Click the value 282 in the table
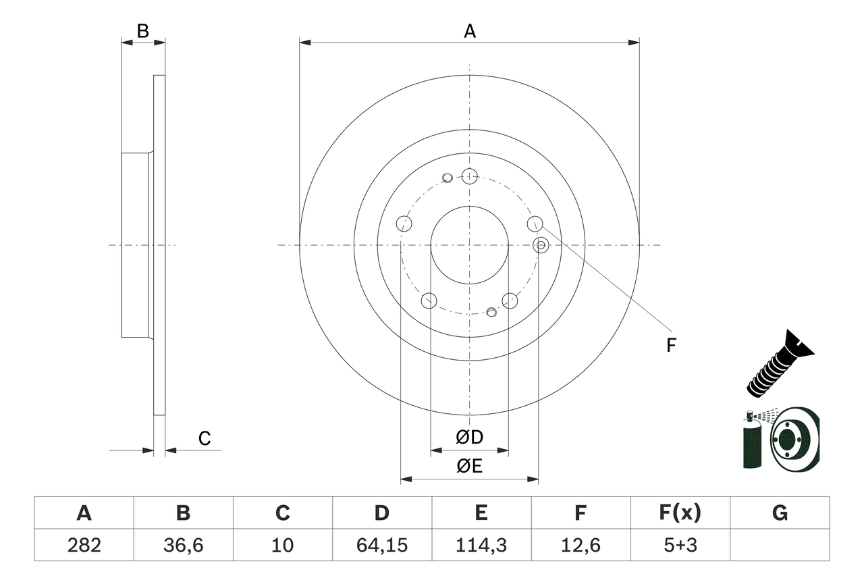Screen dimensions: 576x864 [x=84, y=544]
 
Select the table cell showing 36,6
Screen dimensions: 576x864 [x=183, y=544]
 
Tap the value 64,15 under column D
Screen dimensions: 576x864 [x=381, y=544]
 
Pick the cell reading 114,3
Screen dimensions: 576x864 [x=481, y=544]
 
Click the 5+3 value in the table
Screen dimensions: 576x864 [x=680, y=544]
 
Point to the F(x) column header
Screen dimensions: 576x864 [x=680, y=513]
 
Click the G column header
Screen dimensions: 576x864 [x=780, y=513]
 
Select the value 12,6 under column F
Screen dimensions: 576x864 [x=580, y=544]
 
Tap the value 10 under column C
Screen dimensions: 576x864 [x=282, y=544]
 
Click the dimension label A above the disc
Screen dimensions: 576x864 [x=469, y=31]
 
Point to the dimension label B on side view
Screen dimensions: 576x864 [x=142, y=30]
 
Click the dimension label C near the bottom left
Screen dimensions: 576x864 [x=205, y=439]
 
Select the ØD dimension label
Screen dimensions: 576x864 [x=469, y=438]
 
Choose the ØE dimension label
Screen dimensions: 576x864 [x=469, y=467]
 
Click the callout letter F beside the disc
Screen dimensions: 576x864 [x=670, y=346]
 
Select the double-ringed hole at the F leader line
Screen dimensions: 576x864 [x=541, y=245]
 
